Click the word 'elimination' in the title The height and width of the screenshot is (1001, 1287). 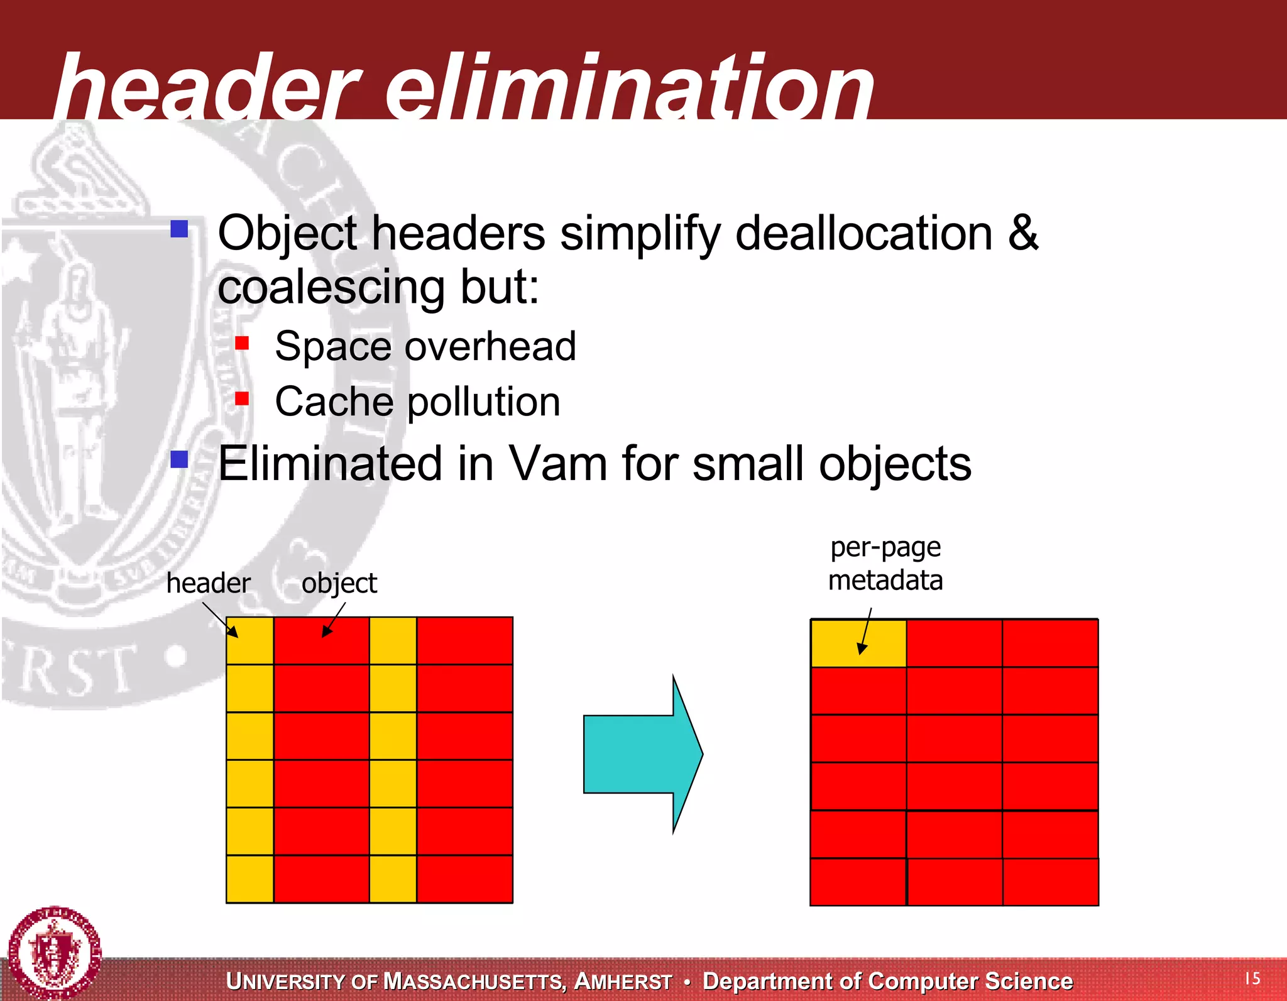click(628, 88)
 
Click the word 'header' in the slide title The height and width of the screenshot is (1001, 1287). click(207, 88)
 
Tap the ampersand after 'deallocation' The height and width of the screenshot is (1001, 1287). click(1023, 233)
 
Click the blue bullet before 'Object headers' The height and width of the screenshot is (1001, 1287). click(180, 229)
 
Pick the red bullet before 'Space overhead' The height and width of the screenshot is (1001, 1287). click(242, 343)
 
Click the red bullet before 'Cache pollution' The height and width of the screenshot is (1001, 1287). click(242, 398)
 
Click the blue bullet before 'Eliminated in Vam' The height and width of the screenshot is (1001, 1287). click(180, 459)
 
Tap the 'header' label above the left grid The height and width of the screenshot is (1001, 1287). click(208, 583)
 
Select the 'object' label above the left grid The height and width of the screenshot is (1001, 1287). click(339, 583)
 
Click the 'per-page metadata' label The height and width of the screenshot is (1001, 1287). click(885, 564)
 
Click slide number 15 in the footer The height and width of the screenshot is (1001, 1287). click(1252, 978)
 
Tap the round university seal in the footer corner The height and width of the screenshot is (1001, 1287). click(55, 953)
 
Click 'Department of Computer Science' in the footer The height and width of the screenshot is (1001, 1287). click(887, 981)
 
